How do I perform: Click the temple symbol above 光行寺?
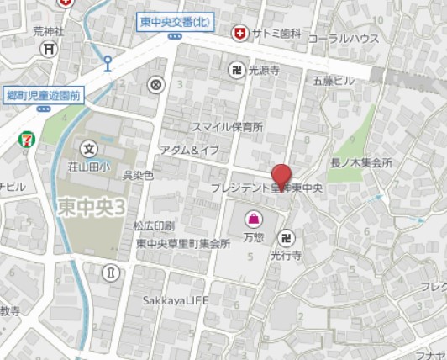tap(287, 237)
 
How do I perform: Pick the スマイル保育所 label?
tap(228, 127)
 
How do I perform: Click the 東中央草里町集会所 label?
tap(183, 244)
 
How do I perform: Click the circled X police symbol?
tap(155, 84)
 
